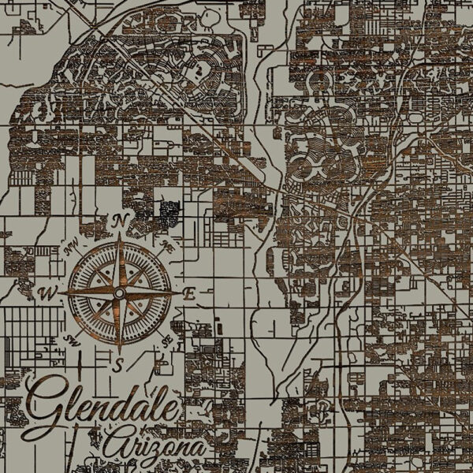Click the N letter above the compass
click(x=121, y=219)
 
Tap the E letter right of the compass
click(x=190, y=292)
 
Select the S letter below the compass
click(x=119, y=364)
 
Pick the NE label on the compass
click(x=166, y=245)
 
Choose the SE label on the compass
click(x=166, y=341)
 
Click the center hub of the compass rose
click(x=119, y=293)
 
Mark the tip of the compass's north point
click(x=120, y=233)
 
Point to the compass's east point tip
click(x=179, y=293)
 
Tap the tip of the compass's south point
click(x=119, y=353)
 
